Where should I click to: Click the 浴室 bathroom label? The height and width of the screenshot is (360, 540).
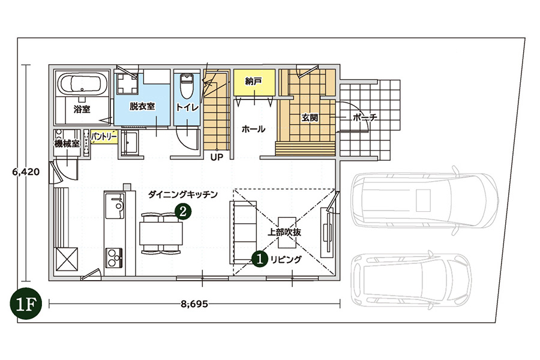pyautogui.click(x=82, y=110)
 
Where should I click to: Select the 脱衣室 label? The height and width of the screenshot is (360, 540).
pyautogui.click(x=142, y=106)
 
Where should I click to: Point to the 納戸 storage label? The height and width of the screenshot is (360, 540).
pyautogui.click(x=254, y=82)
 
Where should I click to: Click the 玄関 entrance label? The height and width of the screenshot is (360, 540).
pyautogui.click(x=310, y=118)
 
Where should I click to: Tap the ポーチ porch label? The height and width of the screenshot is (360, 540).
pyautogui.click(x=365, y=118)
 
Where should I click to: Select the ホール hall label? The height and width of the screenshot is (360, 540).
pyautogui.click(x=253, y=129)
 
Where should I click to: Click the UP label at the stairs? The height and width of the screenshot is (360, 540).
pyautogui.click(x=217, y=157)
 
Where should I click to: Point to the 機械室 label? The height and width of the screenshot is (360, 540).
pyautogui.click(x=67, y=143)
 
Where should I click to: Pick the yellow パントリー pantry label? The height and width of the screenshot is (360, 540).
pyautogui.click(x=104, y=137)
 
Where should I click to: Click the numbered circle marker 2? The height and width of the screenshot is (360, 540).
pyautogui.click(x=183, y=211)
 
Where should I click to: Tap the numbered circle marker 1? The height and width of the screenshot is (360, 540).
pyautogui.click(x=260, y=259)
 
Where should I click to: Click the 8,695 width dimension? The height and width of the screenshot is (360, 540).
pyautogui.click(x=194, y=304)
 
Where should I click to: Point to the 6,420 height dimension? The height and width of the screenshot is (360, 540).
pyautogui.click(x=26, y=172)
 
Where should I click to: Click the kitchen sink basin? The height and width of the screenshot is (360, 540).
pyautogui.click(x=115, y=206)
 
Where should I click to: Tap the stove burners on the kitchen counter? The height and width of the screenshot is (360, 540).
pyautogui.click(x=115, y=257)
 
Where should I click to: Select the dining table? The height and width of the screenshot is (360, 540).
pyautogui.click(x=161, y=233)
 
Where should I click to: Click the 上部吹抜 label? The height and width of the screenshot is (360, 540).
pyautogui.click(x=284, y=232)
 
